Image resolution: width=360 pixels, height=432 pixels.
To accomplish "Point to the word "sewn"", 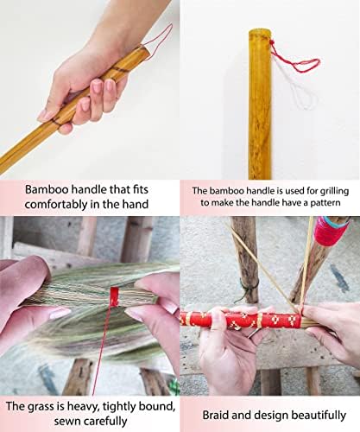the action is [x=66, y=421].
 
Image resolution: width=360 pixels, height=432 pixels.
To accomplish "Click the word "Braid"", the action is [x=215, y=415].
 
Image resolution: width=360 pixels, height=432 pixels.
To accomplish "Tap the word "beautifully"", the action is [x=319, y=416].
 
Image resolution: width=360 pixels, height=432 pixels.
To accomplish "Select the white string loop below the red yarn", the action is [x=302, y=95].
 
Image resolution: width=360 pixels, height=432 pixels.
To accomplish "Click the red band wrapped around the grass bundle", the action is [x=115, y=297].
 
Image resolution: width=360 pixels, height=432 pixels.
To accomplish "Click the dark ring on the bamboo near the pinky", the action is [x=56, y=123].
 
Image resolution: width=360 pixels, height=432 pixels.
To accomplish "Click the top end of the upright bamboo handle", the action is [x=259, y=30].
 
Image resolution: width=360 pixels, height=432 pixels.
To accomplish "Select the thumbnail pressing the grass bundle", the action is [x=60, y=313].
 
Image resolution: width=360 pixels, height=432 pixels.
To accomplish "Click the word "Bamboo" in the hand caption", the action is [x=46, y=190].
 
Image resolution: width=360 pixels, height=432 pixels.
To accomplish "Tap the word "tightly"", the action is [x=120, y=407].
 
